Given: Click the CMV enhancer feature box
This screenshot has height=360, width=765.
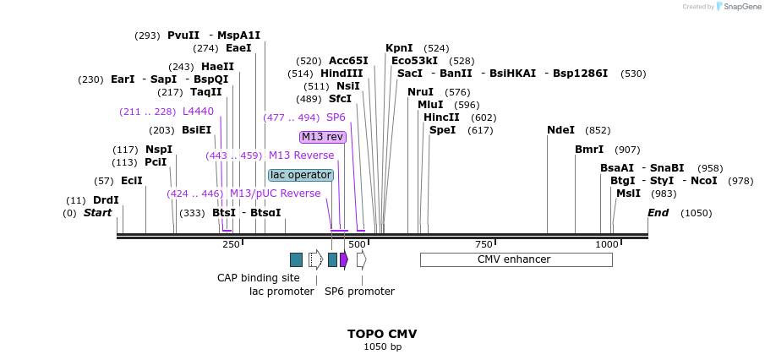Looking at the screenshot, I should click(x=516, y=259).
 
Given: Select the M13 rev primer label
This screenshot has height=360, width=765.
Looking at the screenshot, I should click(x=322, y=137).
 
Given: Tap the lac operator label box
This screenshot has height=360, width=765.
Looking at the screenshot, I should click(x=301, y=175).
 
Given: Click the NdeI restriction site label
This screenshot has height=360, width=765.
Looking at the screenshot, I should click(x=560, y=130).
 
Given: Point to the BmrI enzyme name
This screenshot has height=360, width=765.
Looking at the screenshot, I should click(x=589, y=150).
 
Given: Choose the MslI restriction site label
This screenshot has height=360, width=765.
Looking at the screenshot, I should click(x=628, y=194).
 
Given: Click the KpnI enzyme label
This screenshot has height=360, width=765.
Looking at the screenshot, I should click(x=399, y=48).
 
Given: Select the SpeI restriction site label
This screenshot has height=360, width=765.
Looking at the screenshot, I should click(x=442, y=130).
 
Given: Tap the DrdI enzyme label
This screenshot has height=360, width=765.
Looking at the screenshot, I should click(x=106, y=200).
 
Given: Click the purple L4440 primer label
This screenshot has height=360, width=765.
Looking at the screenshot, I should click(x=198, y=112).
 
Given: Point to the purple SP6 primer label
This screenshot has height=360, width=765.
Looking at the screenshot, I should click(x=336, y=117).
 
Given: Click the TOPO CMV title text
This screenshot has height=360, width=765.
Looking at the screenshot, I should click(x=382, y=334).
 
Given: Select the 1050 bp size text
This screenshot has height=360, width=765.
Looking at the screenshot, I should click(x=382, y=346).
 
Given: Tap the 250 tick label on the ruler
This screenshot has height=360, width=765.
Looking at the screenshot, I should click(x=231, y=244).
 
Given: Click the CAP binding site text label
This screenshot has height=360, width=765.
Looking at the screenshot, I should click(x=258, y=277).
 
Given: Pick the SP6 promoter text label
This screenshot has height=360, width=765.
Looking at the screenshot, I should click(x=359, y=292).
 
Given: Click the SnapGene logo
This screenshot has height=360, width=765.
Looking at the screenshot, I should click(x=738, y=7).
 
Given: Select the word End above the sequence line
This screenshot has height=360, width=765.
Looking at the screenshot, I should click(x=658, y=213).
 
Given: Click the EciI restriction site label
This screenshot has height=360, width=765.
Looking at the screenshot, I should click(x=131, y=181).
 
